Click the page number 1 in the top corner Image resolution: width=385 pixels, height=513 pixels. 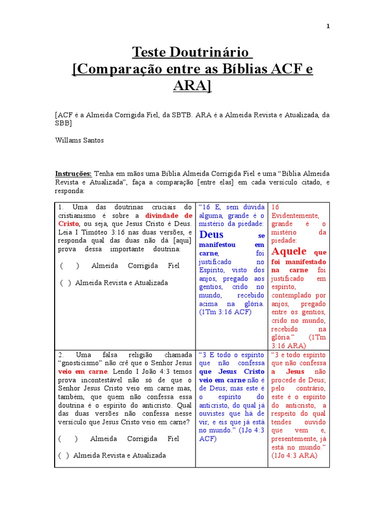tap(328, 27)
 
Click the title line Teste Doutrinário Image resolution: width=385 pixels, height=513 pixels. tap(192, 52)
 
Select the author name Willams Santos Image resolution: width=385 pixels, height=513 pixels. tap(80, 140)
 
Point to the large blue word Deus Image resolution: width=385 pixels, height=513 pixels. tap(211, 234)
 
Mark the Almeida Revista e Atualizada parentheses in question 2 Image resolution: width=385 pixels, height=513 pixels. tap(64, 455)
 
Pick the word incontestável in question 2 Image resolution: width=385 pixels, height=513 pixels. tap(95, 380)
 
